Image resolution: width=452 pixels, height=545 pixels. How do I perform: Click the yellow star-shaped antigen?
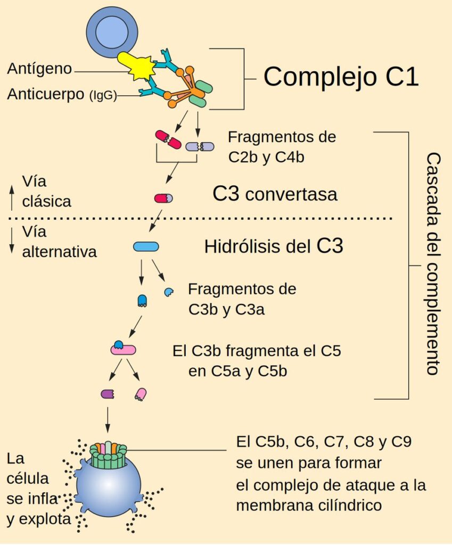139,67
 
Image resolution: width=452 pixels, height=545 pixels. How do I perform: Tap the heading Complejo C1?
341,77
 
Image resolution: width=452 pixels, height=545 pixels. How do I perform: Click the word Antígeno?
39,69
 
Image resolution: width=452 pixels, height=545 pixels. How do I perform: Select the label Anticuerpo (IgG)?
62,95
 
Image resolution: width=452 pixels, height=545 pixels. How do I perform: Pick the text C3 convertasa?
275,194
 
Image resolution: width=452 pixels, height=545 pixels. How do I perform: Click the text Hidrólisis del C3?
274,246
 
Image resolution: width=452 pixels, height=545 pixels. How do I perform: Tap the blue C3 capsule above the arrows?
145,246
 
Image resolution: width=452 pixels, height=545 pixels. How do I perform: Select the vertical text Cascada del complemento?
433,265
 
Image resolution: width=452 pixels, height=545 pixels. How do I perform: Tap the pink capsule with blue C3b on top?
123,349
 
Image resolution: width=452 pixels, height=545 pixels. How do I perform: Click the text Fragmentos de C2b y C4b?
281,146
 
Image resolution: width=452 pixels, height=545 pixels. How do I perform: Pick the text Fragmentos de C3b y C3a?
242,300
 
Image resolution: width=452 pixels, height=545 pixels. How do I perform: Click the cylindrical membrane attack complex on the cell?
109,455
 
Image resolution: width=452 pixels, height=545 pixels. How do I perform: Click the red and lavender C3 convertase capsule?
163,198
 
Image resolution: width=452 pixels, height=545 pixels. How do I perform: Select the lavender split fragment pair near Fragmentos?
200,145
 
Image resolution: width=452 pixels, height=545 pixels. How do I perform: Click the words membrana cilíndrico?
309,505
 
